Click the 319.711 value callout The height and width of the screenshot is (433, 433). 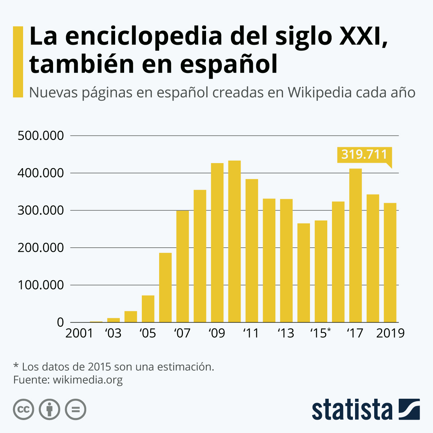tap(364, 154)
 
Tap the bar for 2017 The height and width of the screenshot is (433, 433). tap(355, 245)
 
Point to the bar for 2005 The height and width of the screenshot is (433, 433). tap(148, 309)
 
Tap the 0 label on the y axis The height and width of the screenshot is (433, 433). tap(60, 323)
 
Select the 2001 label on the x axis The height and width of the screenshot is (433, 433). tap(79, 333)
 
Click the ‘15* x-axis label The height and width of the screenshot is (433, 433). tap(320, 333)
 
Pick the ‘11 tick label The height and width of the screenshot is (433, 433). tap(252, 333)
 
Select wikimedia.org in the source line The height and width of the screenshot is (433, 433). tap(88, 380)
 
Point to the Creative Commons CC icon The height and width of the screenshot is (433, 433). tap(23, 410)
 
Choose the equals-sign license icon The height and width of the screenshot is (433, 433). tap(75, 410)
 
